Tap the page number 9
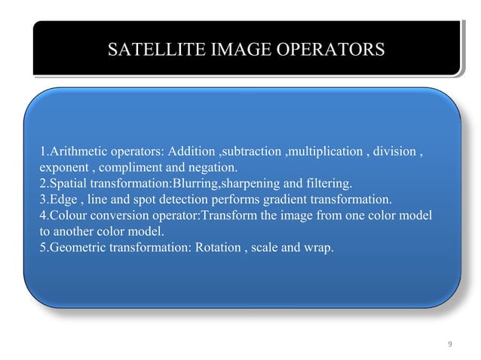pyautogui.click(x=449, y=345)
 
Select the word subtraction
pyautogui.click(x=250, y=151)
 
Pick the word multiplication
pyautogui.click(x=324, y=151)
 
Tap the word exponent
pyautogui.click(x=62, y=167)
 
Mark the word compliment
pyautogui.click(x=137, y=167)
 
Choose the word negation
pyautogui.click(x=213, y=167)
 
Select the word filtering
pyautogui.click(x=330, y=183)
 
